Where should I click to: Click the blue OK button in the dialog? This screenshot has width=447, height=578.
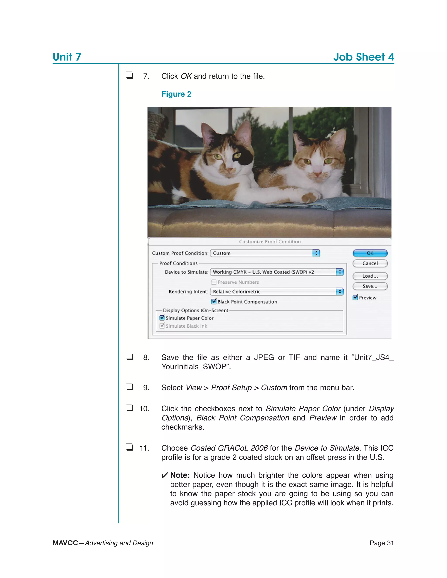point(370,253)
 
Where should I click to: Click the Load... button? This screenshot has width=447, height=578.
point(370,276)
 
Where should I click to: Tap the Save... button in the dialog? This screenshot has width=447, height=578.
point(370,286)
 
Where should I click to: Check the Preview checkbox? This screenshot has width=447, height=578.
point(355,298)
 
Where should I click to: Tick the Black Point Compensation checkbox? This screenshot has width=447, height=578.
point(214,301)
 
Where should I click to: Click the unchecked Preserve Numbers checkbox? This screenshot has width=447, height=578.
point(214,282)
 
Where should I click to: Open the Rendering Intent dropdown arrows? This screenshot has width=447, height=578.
point(340,291)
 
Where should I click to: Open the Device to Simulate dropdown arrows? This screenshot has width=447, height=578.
point(340,272)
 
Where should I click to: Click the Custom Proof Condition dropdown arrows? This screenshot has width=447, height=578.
point(316,253)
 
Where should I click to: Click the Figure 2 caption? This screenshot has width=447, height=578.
point(176,94)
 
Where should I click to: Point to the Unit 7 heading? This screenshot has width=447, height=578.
point(67,57)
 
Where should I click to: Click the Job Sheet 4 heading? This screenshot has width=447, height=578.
point(364,57)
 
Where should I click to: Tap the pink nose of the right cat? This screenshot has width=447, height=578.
point(317,175)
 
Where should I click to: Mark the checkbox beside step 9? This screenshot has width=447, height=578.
point(129,387)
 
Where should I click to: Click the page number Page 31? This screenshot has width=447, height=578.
point(382,543)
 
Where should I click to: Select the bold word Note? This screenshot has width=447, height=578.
point(180,475)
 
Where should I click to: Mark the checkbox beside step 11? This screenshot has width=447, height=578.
point(129,447)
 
